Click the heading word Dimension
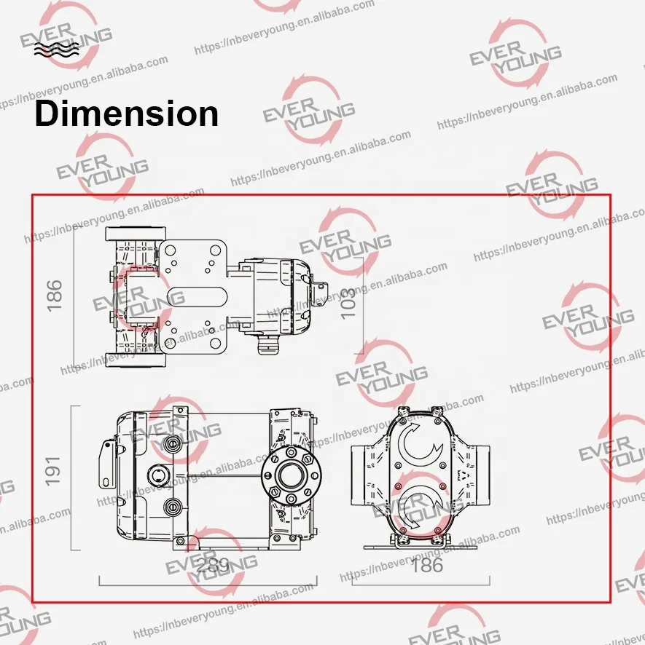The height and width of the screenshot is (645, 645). pyautogui.click(x=126, y=114)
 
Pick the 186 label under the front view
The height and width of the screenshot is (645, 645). pyautogui.click(x=426, y=565)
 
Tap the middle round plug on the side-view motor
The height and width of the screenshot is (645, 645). pyautogui.click(x=156, y=476)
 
